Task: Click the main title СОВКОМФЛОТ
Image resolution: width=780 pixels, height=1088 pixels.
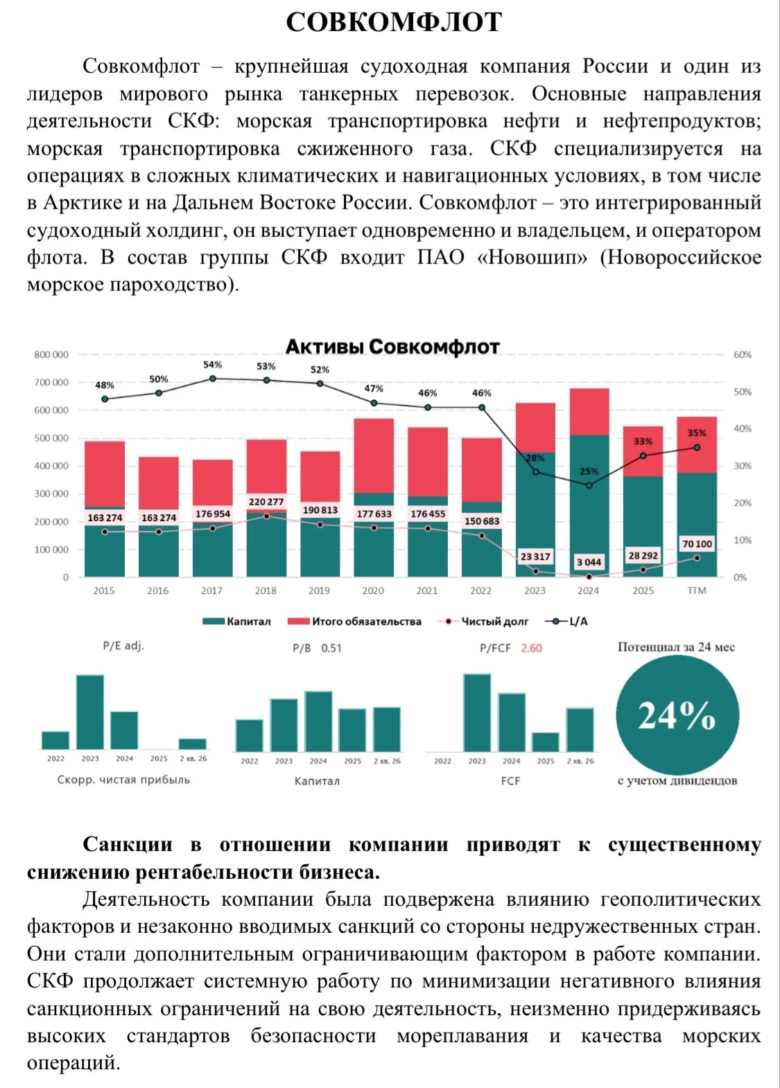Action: (394, 22)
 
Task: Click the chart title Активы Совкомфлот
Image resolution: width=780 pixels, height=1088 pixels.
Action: (392, 346)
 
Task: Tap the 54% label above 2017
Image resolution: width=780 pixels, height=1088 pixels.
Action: (212, 365)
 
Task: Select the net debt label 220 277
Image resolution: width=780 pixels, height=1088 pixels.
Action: (266, 502)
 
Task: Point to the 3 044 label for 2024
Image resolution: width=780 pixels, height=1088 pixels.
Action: (589, 562)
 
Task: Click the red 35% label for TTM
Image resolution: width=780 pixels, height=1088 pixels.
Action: (696, 432)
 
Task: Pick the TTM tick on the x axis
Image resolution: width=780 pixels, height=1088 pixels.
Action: (696, 590)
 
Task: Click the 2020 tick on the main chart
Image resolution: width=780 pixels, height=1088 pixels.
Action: (373, 590)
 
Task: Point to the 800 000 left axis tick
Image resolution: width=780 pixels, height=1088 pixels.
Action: (51, 355)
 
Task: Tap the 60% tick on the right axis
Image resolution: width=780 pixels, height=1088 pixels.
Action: (742, 355)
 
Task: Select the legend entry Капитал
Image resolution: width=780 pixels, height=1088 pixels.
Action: (236, 621)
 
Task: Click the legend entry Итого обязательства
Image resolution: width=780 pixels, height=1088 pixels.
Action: (354, 621)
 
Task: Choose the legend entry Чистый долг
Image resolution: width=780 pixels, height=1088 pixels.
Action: (483, 621)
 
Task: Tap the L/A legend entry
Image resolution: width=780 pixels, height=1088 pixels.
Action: (566, 621)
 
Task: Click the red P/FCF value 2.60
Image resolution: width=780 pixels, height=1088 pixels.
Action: (531, 648)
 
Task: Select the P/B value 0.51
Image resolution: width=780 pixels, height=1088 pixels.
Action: (331, 648)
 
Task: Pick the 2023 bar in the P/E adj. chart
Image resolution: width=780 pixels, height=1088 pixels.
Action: (90, 712)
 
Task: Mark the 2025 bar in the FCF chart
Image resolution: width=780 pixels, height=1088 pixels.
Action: (545, 742)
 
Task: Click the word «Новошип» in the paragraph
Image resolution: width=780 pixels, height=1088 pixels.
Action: (532, 257)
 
